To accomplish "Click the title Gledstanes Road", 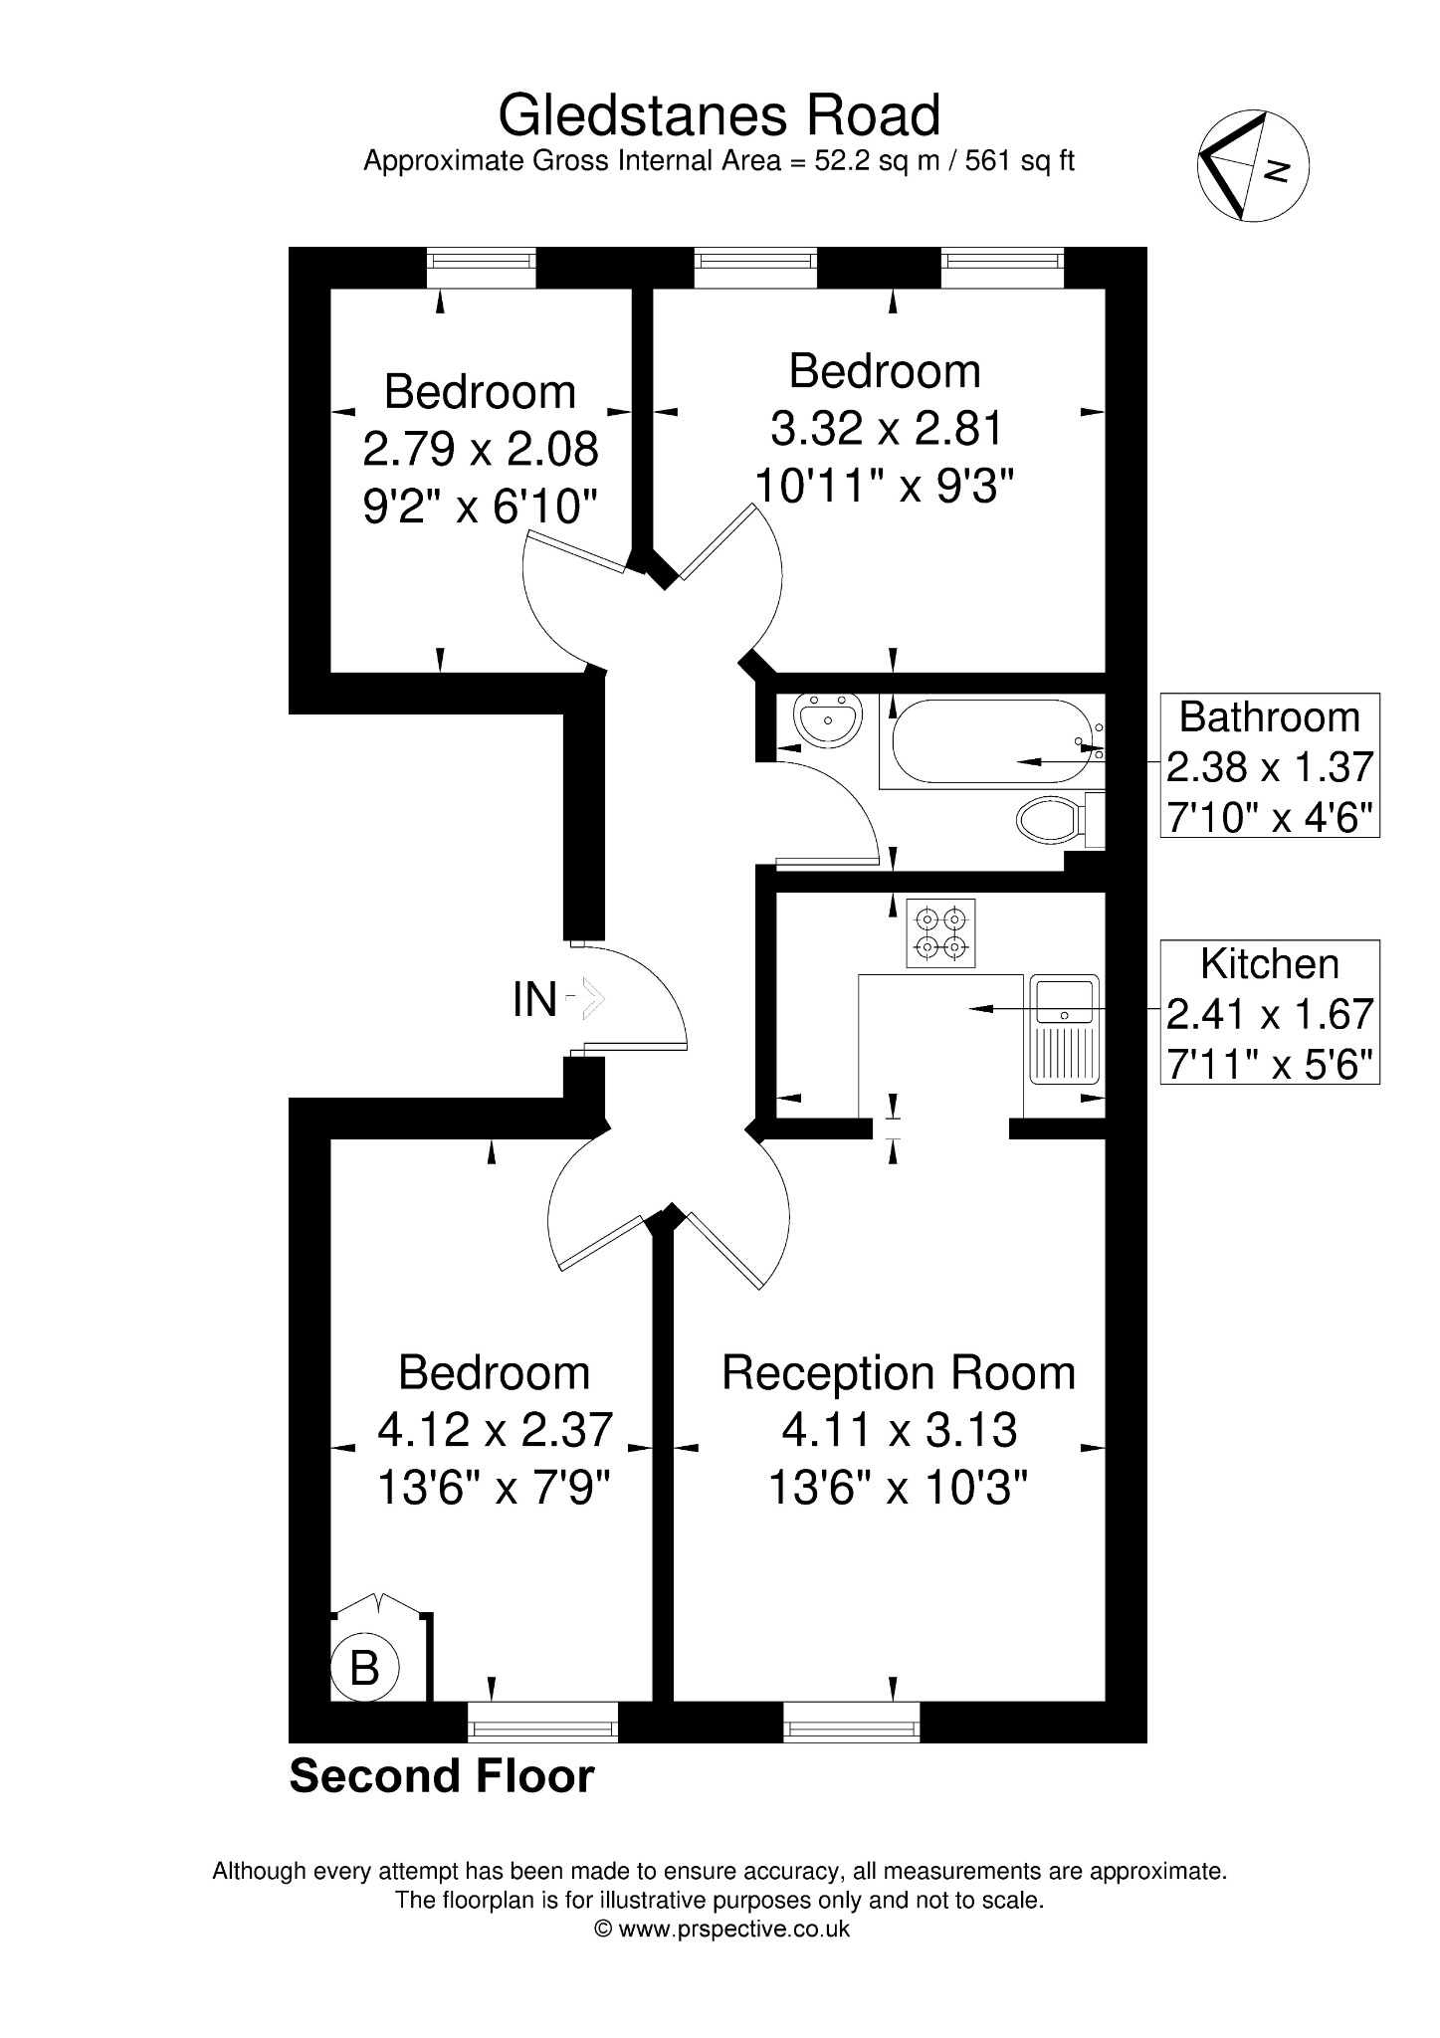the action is click(x=719, y=115).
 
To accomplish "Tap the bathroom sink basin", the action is click(x=828, y=718).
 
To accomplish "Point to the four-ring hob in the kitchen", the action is click(x=940, y=933).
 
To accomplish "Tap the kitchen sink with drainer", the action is click(x=1064, y=1029).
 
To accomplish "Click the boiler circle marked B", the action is click(x=364, y=1667).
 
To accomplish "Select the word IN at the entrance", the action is click(x=534, y=1000).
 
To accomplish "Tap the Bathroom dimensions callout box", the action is click(x=1270, y=765).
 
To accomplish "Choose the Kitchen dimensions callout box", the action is click(x=1270, y=1012).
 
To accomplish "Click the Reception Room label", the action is click(x=899, y=1373).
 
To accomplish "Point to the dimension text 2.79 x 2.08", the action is click(x=481, y=449).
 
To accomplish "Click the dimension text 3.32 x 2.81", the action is click(x=887, y=429).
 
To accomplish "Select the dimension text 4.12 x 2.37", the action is click(x=495, y=1430).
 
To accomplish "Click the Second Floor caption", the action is click(x=442, y=1776).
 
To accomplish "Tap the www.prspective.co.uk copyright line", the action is click(x=721, y=1929).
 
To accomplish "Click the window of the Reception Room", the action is click(x=852, y=1722).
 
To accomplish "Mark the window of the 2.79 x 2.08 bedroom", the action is click(x=482, y=268).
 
